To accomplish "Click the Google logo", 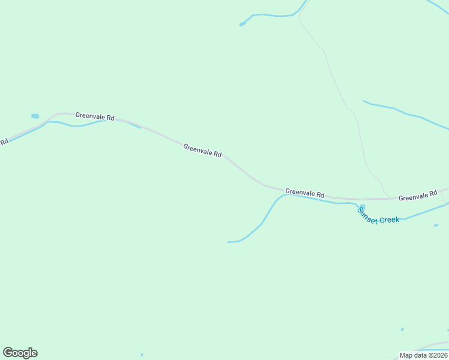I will click(x=20, y=353).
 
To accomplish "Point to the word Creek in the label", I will click(x=389, y=220).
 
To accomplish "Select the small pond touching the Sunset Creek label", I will click(x=361, y=207).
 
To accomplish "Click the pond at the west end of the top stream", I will click(x=242, y=24).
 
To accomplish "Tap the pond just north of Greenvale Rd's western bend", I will click(x=35, y=116).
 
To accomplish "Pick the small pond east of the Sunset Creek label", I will click(x=436, y=226).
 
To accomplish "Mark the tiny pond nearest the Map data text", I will click(x=402, y=329).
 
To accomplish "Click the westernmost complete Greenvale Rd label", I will click(x=95, y=116).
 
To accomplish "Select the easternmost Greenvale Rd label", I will click(x=418, y=196).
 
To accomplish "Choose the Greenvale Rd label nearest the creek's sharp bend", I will click(x=305, y=193).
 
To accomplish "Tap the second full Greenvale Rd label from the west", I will click(x=202, y=150).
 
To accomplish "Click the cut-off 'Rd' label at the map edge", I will click(x=4, y=142).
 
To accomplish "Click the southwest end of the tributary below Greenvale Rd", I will click(x=229, y=242).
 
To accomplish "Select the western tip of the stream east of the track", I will click(x=364, y=101).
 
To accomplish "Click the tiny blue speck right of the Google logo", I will click(x=142, y=355).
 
